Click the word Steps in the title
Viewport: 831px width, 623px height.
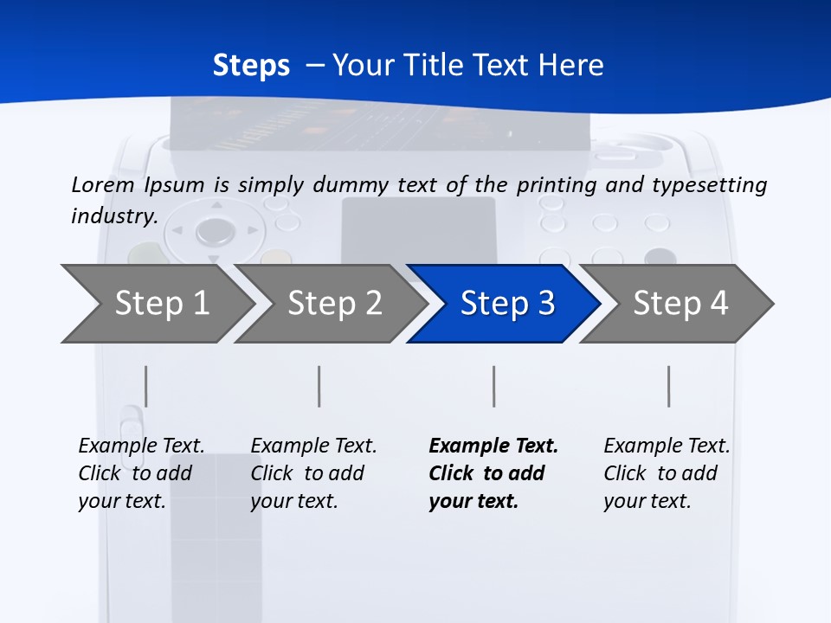(x=251, y=66)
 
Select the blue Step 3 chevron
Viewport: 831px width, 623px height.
(x=506, y=304)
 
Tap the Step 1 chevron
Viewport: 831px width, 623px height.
(x=161, y=304)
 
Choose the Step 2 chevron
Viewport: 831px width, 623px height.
(x=334, y=304)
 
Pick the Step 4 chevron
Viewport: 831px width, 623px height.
(x=680, y=304)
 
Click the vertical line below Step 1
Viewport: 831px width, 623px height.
(x=146, y=386)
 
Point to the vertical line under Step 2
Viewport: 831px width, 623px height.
(x=319, y=386)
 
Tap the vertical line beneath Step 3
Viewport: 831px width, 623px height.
(x=493, y=386)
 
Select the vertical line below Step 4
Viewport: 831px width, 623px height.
(x=668, y=386)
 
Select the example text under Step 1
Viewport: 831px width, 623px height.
(x=140, y=473)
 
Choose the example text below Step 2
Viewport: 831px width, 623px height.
(x=312, y=473)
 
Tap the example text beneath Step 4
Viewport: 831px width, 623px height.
(x=666, y=473)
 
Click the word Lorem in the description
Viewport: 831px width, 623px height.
(x=102, y=185)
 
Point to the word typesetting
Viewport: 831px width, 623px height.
(x=706, y=185)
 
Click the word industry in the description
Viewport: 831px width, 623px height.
(x=113, y=216)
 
